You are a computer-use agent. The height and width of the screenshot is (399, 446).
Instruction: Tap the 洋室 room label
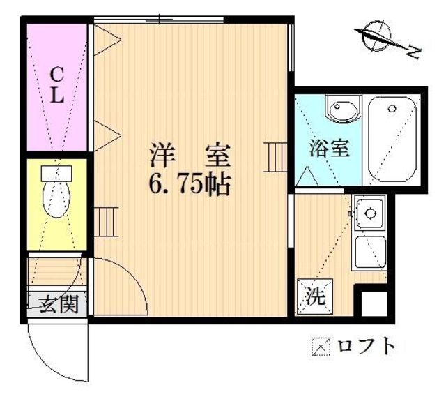click(187, 153)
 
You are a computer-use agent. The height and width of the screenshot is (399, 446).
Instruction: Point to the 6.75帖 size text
click(187, 184)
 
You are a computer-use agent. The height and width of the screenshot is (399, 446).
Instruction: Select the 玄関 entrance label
click(58, 304)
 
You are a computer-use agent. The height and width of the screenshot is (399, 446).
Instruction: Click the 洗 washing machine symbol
click(316, 296)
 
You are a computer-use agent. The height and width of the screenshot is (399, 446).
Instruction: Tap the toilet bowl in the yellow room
click(56, 200)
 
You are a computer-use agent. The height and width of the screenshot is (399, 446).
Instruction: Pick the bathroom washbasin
click(342, 110)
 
